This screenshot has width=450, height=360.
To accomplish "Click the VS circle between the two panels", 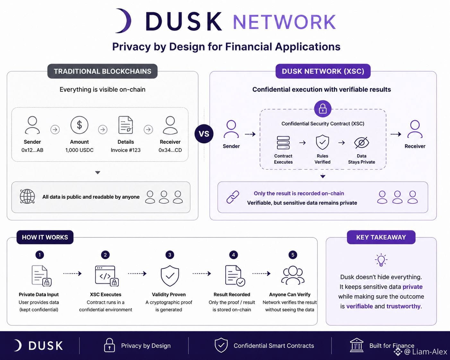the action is coord(204,134).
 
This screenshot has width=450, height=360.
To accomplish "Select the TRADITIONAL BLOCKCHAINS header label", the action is coord(102,71).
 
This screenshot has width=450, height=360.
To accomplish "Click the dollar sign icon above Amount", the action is coord(79,125).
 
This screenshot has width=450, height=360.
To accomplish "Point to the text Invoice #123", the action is coord(126,150).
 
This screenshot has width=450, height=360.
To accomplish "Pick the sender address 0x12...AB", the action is coord(32,150).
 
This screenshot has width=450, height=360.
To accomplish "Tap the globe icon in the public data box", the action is coord(27,196).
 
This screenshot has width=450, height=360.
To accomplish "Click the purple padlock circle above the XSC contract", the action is coord(323,109).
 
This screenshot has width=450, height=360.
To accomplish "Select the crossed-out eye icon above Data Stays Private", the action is coord(361,143).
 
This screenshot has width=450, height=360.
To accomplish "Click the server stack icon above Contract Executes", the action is coord(283,142).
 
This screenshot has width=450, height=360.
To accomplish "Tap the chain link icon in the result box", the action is coord(233,197).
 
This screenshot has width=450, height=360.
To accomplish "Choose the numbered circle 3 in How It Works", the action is coord(169,255).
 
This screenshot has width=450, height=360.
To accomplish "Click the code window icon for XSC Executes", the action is coord(107,276).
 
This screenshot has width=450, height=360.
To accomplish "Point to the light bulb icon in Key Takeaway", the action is coord(381,260).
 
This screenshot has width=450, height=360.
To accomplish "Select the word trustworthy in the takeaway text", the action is coord(403,306).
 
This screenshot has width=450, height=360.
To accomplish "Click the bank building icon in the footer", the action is coord(357,345).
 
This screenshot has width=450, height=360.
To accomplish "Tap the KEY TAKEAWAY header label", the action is coord(381,237).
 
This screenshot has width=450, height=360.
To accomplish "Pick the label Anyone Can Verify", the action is coord(290,295).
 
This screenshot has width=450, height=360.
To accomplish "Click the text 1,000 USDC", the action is coord(79,150).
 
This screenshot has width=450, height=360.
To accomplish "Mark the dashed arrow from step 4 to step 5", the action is coord(261,273).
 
